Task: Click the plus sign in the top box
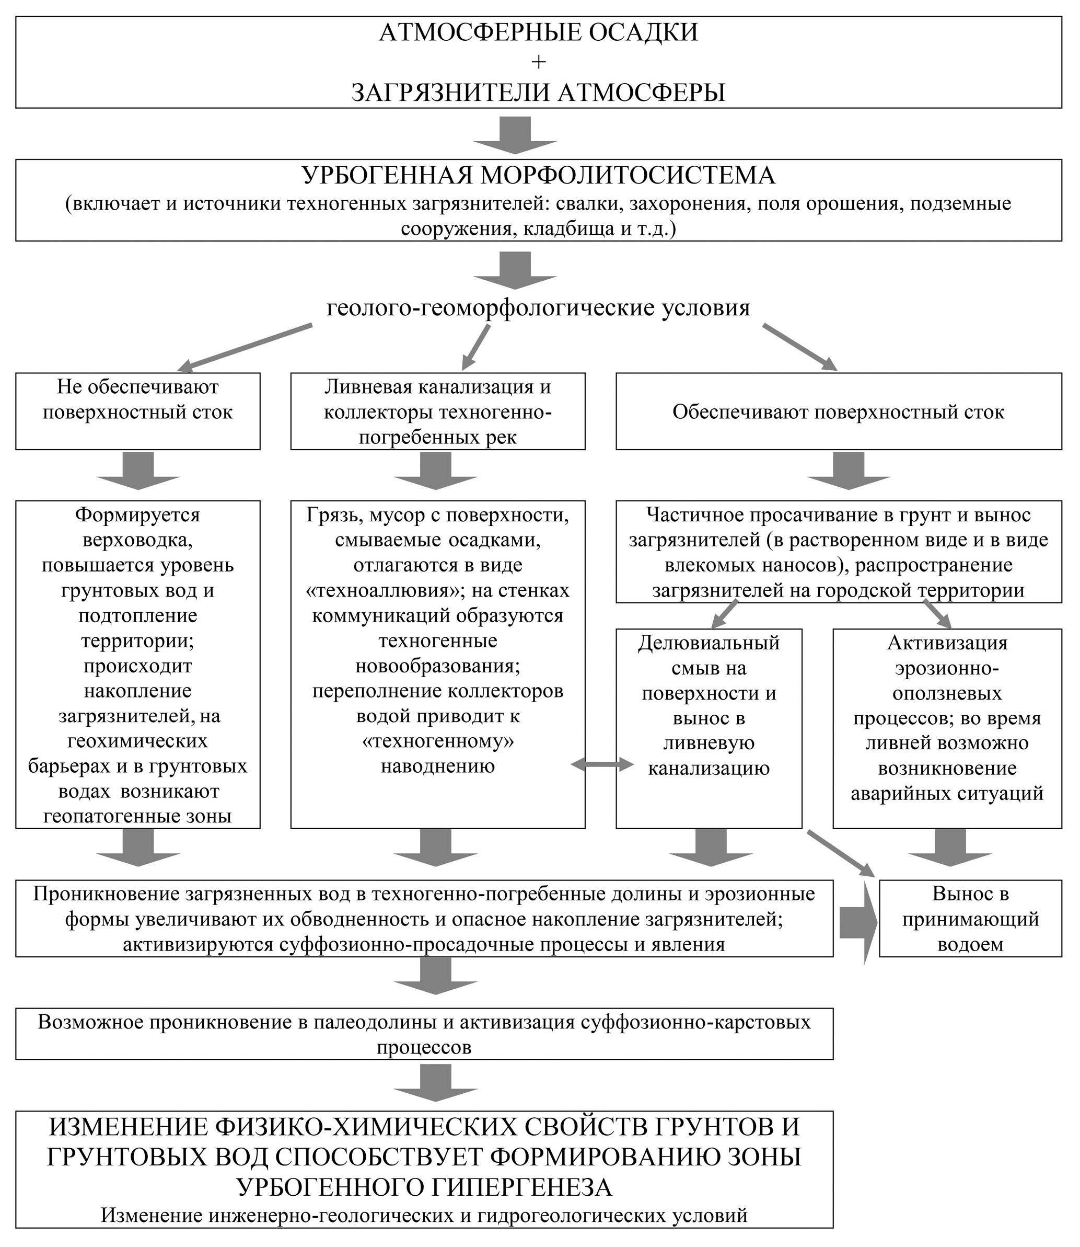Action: pyautogui.click(x=538, y=62)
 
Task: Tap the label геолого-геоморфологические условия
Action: pyautogui.click(x=538, y=307)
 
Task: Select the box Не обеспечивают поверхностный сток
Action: pyautogui.click(x=137, y=411)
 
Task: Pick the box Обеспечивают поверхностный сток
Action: pyautogui.click(x=838, y=411)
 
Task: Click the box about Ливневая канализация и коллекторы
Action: pyautogui.click(x=437, y=411)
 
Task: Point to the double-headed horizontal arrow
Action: pyautogui.click(x=601, y=765)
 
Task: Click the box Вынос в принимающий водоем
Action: pyautogui.click(x=970, y=918)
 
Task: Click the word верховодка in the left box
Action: pyautogui.click(x=137, y=540)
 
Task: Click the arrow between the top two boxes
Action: pyautogui.click(x=515, y=135)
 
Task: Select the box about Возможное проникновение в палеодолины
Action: pyautogui.click(x=424, y=1034)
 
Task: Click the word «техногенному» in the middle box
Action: pyautogui.click(x=437, y=740)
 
